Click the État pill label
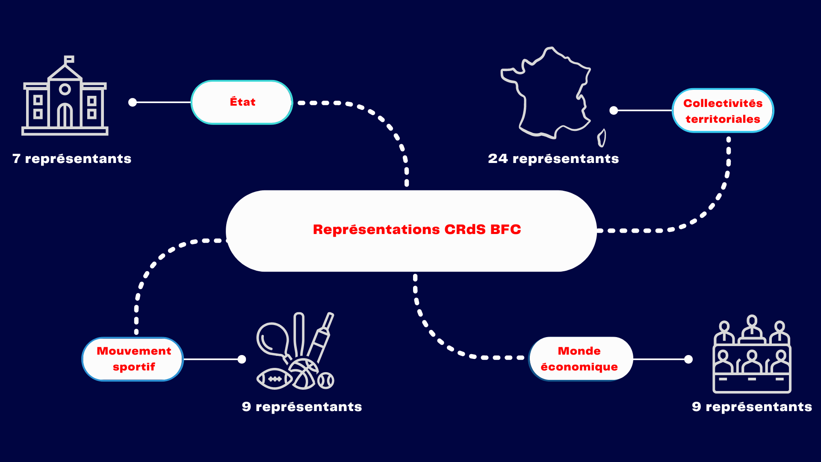pyautogui.click(x=242, y=102)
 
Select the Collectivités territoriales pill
pyautogui.click(x=723, y=111)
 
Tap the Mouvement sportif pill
pyautogui.click(x=133, y=359)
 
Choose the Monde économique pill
pyautogui.click(x=580, y=359)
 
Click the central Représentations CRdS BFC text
pyautogui.click(x=417, y=230)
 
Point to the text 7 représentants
pyautogui.click(x=72, y=159)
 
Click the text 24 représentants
pyautogui.click(x=553, y=159)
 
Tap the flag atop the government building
pyautogui.click(x=69, y=59)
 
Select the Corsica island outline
pyautogui.click(x=602, y=138)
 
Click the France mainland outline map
pyautogui.click(x=547, y=94)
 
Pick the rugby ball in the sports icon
pyautogui.click(x=274, y=379)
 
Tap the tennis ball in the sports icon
pyautogui.click(x=326, y=380)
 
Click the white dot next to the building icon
pyautogui.click(x=133, y=102)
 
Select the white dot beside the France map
pyautogui.click(x=614, y=110)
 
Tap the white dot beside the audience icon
pyautogui.click(x=688, y=359)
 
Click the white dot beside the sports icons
pyautogui.click(x=242, y=359)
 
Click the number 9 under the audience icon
pyautogui.click(x=697, y=406)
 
